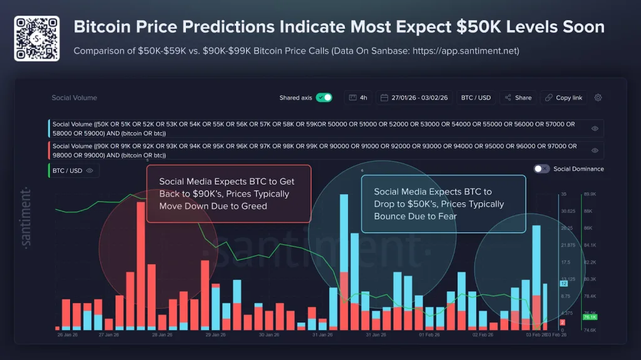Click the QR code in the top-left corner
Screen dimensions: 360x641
(x=36, y=38)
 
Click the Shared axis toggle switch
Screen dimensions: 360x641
(x=324, y=98)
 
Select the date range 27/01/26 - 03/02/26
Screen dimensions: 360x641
(x=414, y=98)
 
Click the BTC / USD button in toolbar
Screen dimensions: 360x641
(x=476, y=98)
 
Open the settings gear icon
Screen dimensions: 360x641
(x=598, y=98)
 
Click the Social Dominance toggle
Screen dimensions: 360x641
(x=542, y=169)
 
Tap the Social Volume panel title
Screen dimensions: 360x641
(x=74, y=98)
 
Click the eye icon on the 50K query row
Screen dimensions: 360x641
(x=595, y=128)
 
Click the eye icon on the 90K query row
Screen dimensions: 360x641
(x=595, y=150)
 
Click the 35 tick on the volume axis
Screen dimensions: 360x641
(x=563, y=195)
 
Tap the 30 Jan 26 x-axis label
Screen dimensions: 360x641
(x=270, y=335)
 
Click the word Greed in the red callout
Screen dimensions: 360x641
(x=254, y=206)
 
